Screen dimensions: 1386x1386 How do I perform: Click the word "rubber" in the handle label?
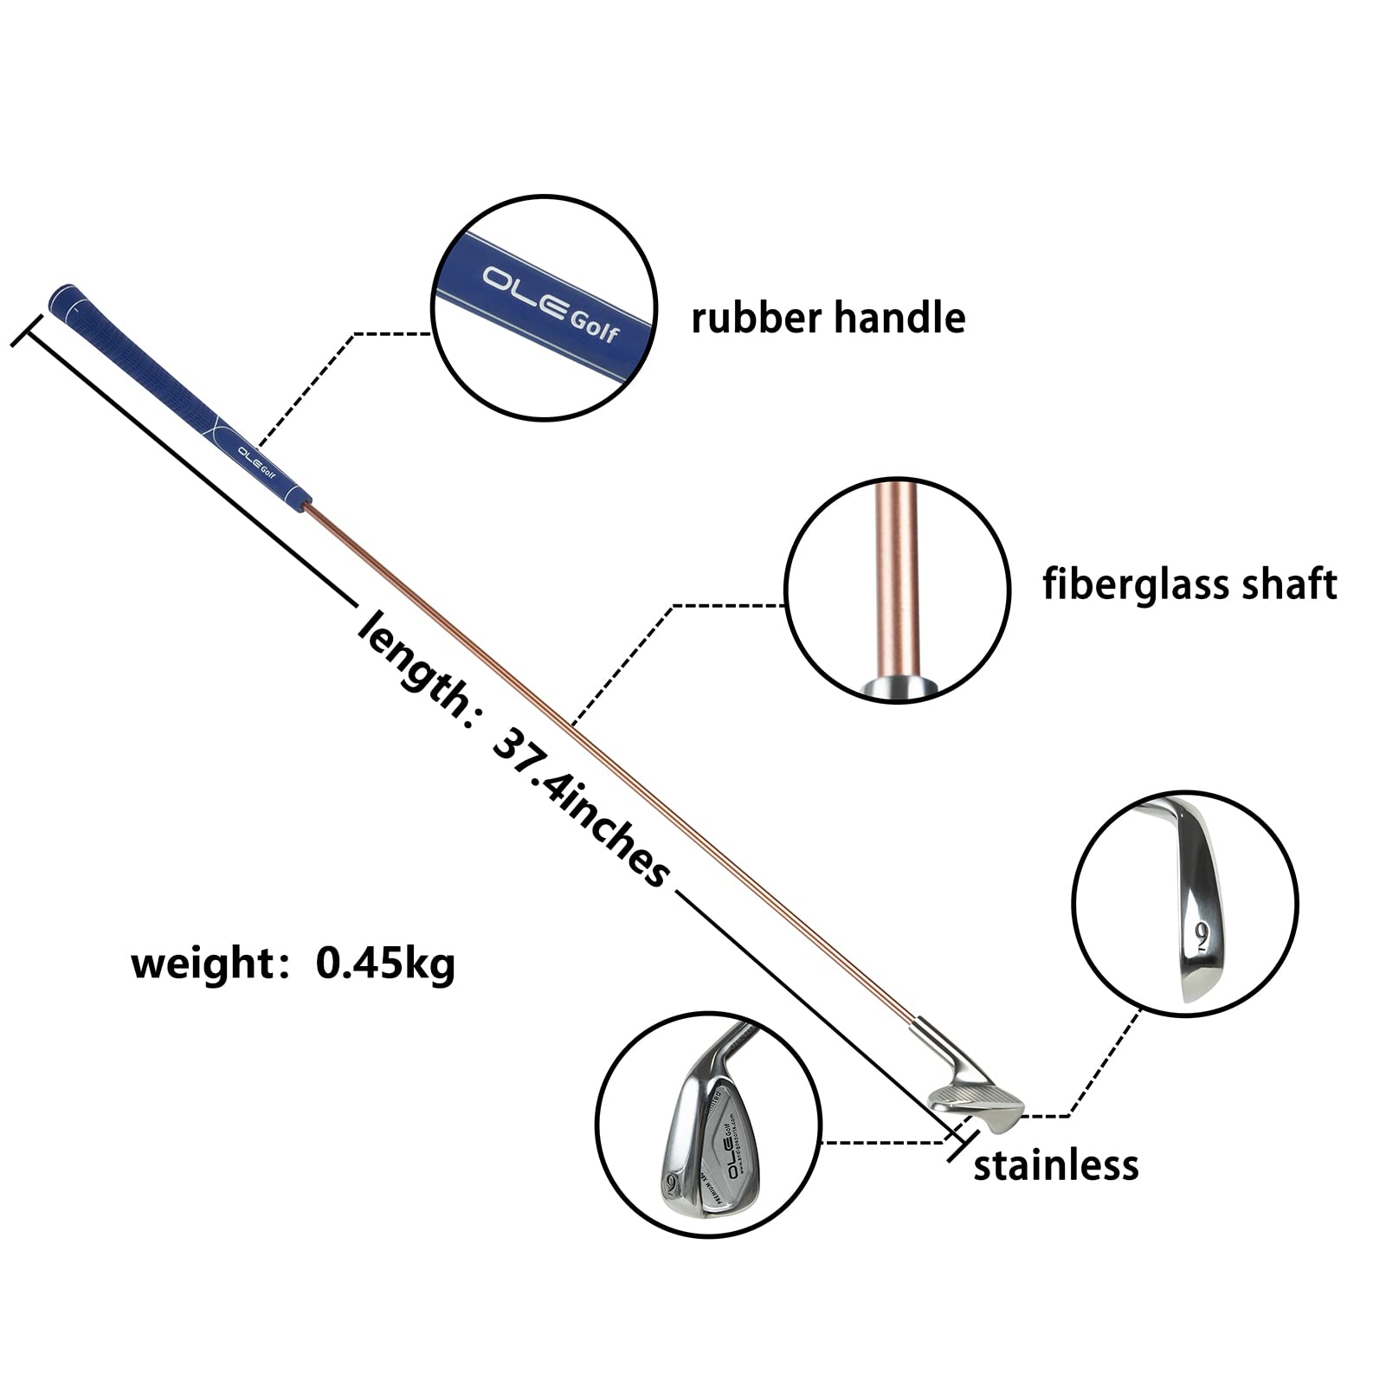click(x=756, y=318)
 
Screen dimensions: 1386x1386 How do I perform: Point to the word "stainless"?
click(x=1055, y=1165)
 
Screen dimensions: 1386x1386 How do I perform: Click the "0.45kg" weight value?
click(x=385, y=963)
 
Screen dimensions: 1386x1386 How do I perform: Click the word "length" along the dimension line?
click(x=411, y=661)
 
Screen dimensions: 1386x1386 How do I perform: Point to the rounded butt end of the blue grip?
click(x=63, y=297)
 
